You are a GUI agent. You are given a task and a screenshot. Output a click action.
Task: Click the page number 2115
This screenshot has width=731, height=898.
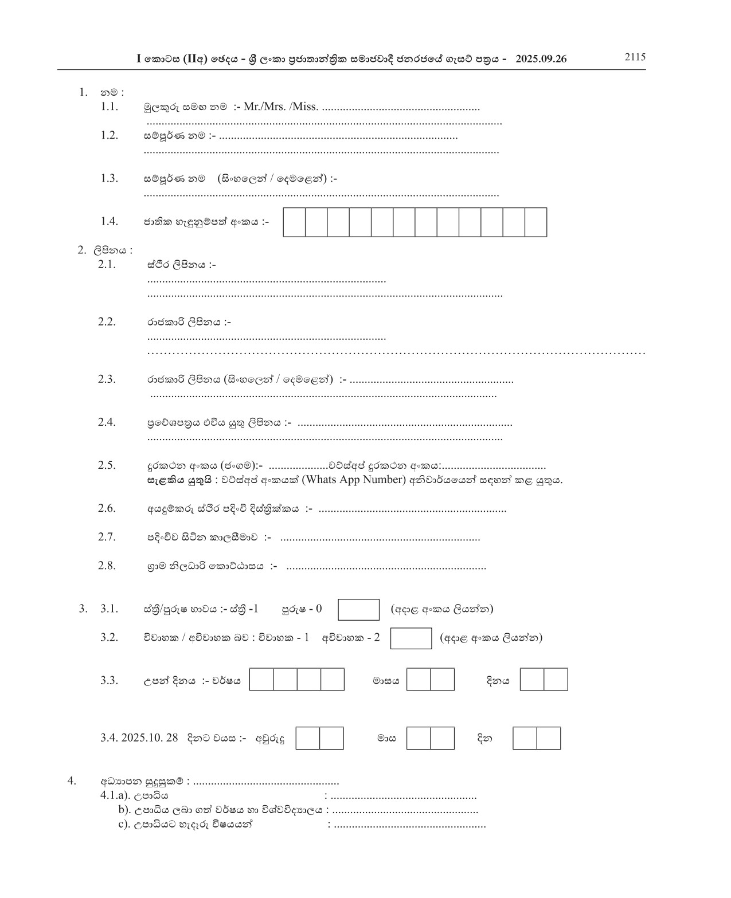tap(635, 57)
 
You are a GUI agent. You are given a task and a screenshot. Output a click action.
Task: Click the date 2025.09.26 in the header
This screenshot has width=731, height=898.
tap(541, 58)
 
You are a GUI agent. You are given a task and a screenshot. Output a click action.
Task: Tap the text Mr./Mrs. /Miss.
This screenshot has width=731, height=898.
tap(281, 107)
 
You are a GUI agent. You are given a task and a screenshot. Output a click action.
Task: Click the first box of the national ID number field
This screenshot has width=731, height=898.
tap(294, 222)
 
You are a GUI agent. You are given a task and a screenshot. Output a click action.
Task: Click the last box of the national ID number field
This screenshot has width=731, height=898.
tap(535, 222)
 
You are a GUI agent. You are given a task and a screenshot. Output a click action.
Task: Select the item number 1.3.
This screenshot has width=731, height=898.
tap(109, 178)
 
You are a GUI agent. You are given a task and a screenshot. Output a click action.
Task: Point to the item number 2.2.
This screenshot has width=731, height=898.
tap(107, 321)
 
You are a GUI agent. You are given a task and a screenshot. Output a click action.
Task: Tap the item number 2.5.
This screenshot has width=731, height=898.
tap(107, 465)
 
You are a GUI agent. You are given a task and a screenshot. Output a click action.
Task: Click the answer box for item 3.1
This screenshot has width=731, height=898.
tap(358, 609)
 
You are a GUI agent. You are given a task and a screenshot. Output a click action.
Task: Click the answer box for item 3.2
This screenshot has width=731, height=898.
tap(411, 638)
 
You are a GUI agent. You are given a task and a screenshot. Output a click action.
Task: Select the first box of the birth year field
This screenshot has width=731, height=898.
tap(261, 680)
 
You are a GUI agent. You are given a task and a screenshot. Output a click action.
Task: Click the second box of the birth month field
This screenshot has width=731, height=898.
tap(442, 680)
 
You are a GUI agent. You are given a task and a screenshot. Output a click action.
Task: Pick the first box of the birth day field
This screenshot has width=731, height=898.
tap(532, 680)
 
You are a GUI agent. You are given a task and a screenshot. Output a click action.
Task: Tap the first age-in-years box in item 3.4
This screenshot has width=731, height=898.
tap(308, 738)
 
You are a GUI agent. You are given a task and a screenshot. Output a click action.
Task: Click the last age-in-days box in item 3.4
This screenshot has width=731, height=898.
tap(549, 738)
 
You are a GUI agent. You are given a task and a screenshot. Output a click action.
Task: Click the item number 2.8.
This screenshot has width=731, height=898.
tap(107, 566)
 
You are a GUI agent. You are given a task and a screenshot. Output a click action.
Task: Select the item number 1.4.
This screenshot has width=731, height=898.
tap(109, 221)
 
